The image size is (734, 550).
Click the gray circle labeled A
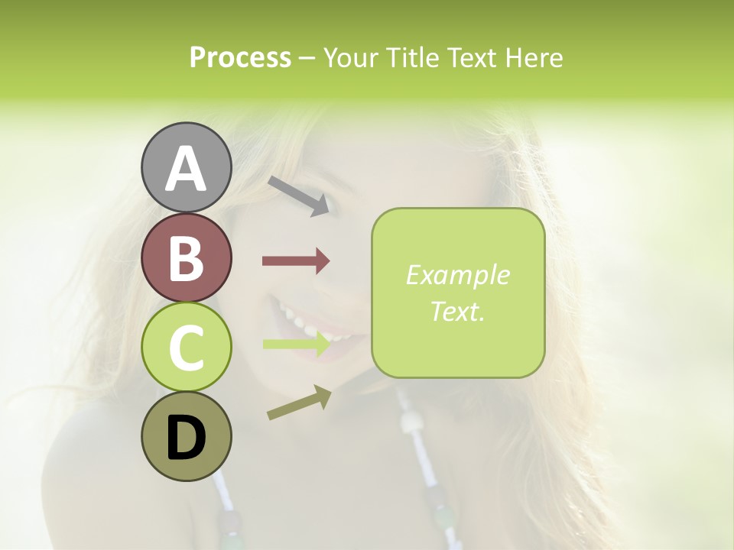click(186, 167)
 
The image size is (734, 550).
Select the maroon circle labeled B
click(186, 257)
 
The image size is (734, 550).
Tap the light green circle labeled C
click(186, 348)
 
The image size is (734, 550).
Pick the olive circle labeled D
click(186, 437)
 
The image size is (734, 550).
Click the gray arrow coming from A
click(299, 196)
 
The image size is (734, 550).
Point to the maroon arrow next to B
click(296, 261)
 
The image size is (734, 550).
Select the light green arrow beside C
click(296, 344)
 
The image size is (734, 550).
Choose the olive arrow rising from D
click(299, 403)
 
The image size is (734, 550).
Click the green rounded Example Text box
click(458, 293)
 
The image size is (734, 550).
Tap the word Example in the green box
click(457, 275)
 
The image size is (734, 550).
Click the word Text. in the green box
click(457, 311)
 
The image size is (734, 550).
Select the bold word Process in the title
click(240, 57)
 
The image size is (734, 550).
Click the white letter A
click(186, 168)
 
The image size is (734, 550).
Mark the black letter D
click(186, 438)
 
